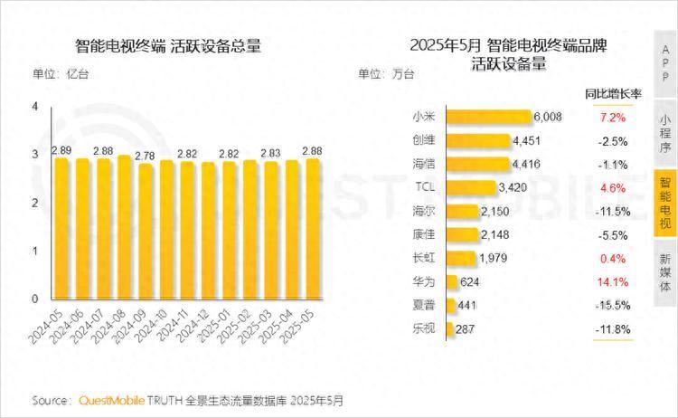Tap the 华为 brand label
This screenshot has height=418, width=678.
(x=423, y=280)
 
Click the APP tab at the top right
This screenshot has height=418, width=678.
(x=665, y=63)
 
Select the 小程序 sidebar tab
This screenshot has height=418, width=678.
(x=665, y=134)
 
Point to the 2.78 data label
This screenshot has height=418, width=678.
(x=144, y=156)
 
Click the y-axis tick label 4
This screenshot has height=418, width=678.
(x=35, y=108)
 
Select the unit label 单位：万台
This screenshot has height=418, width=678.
(x=386, y=73)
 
